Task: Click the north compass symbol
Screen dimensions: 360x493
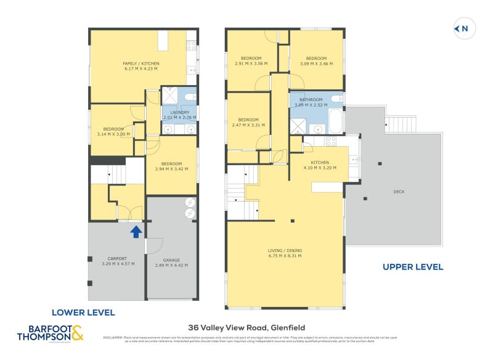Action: coord(462,28)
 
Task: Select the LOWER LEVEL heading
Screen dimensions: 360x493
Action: coord(83,313)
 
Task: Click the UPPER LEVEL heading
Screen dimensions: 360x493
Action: coord(412,267)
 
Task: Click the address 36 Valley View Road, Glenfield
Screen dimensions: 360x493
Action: coord(246,328)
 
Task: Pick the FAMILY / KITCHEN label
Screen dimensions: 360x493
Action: coord(141,63)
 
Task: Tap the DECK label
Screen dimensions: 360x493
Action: coord(399,192)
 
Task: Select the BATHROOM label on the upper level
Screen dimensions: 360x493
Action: coord(311,99)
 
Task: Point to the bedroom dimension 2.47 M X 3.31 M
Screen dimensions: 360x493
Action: coord(248,125)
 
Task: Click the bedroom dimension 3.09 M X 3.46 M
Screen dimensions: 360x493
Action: coord(316,63)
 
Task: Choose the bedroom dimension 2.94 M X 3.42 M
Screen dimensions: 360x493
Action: coord(171,168)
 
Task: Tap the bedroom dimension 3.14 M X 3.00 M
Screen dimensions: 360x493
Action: coord(113,134)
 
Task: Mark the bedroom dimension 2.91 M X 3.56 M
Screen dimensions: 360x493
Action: coord(251,63)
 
